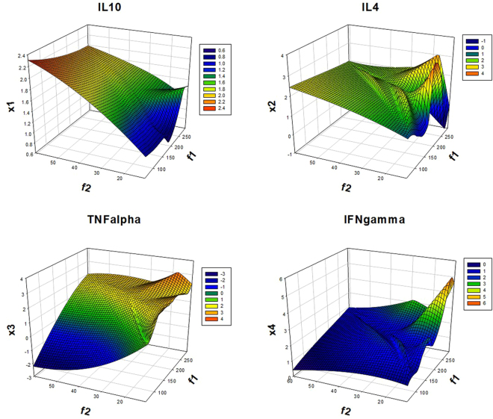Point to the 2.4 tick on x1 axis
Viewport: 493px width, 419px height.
coord(24,56)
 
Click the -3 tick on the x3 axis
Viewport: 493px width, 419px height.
coord(23,379)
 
